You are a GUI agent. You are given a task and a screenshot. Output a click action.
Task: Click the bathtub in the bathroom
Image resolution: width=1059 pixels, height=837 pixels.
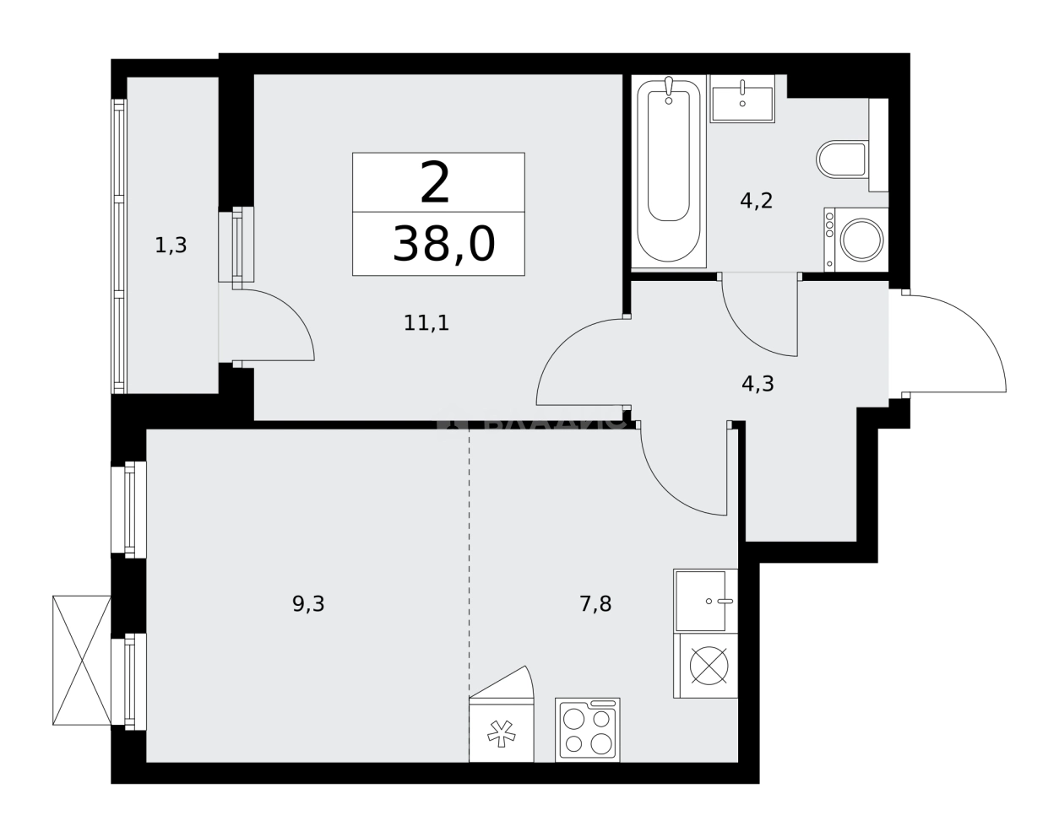669,172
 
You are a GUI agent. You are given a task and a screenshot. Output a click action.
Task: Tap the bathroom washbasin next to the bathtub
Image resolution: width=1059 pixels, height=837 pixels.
742,99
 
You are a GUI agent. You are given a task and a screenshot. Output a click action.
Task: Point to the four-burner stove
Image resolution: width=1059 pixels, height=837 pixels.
588,731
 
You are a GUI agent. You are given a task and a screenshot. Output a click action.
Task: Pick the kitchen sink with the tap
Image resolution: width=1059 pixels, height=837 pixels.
705,601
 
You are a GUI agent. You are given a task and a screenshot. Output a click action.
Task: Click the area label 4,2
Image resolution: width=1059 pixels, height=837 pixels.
756,201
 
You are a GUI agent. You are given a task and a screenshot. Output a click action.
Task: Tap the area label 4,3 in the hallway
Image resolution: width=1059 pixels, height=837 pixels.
758,384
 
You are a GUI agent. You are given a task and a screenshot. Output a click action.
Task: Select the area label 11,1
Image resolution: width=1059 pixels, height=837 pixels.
426,322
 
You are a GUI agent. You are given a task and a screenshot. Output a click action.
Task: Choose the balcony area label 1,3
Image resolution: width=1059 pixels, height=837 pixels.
171,246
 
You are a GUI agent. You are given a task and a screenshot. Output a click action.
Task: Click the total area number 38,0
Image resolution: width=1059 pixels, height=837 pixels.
443,246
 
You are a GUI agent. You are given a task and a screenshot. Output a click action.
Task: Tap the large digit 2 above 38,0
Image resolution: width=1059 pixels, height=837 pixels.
435,184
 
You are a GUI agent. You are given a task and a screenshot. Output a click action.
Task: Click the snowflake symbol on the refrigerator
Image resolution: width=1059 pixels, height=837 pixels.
502,733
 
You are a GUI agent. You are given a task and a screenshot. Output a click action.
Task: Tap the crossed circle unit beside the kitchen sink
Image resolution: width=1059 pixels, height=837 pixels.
709,666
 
